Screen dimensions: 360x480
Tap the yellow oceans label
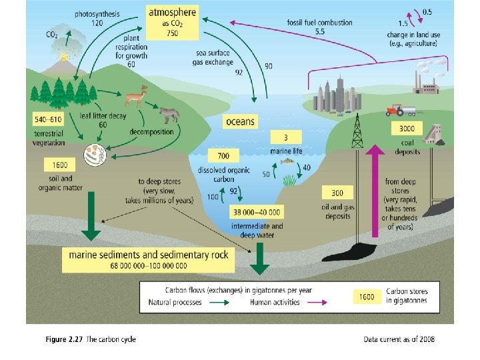tap(241, 121)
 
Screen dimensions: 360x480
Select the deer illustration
tap(139, 97)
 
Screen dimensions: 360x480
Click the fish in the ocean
tap(287, 161)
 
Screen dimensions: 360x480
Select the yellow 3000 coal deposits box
tap(407, 129)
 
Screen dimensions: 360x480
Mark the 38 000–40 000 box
tap(257, 213)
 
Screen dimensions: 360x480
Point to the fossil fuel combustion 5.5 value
tap(320, 31)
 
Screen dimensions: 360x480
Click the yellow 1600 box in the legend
tap(367, 297)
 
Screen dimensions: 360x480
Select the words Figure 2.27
tap(64, 339)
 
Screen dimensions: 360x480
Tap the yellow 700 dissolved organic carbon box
tap(223, 156)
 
